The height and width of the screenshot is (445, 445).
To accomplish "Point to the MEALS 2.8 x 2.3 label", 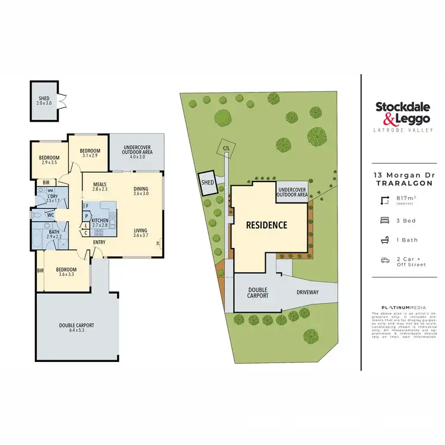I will point(99,186).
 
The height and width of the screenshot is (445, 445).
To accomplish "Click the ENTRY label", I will point(99,241).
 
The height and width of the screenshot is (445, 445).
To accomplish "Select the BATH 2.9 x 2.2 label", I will point(54,234).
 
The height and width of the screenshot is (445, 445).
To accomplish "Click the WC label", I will point(51,215).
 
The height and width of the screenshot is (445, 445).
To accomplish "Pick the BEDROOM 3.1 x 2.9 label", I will point(91,152).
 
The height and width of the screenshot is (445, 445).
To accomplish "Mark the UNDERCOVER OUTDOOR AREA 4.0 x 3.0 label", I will point(138,151).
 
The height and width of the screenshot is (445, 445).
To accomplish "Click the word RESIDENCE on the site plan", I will point(267,225).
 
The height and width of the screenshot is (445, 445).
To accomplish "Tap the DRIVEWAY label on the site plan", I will point(308,292).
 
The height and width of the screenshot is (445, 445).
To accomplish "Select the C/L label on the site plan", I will point(225,148).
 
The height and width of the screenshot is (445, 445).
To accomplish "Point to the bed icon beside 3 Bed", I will point(384,220).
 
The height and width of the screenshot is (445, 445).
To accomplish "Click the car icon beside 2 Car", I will point(384,260).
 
